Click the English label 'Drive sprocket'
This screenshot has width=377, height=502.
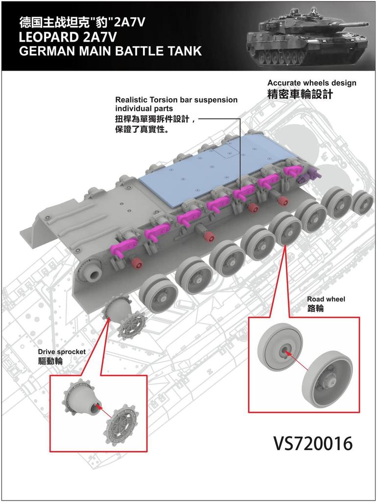point(62,351)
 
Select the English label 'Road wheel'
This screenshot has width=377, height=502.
point(326,299)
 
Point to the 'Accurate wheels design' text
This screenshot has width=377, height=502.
point(311,83)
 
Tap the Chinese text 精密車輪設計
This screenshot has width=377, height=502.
point(300,95)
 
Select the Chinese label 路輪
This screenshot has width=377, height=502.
point(315,309)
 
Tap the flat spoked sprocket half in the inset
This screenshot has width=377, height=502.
point(122,423)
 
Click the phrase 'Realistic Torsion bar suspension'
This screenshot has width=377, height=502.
point(176,100)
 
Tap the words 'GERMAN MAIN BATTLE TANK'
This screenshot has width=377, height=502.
point(110,51)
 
